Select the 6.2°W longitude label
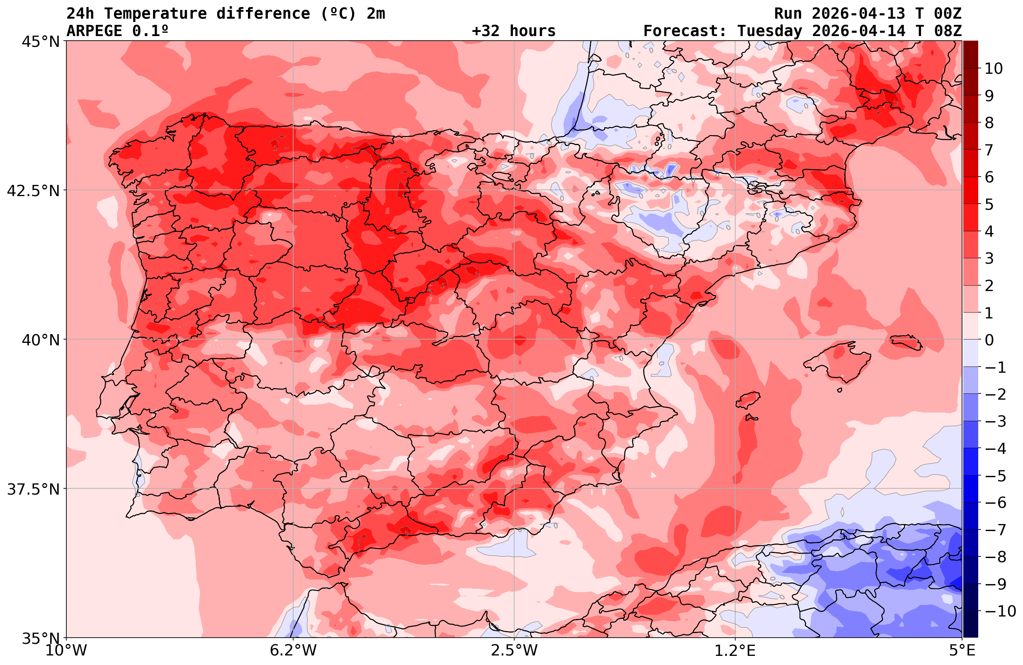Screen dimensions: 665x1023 tap(293, 650)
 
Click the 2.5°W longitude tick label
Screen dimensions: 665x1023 tap(514, 650)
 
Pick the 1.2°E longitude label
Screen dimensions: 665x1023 tap(735, 650)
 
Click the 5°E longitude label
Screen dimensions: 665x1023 tap(962, 650)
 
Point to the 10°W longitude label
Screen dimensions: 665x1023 tap(66, 650)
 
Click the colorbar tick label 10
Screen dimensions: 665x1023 tap(993, 69)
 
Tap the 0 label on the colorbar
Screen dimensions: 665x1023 tap(989, 340)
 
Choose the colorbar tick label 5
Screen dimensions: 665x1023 tap(989, 205)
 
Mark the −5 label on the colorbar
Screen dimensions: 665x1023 tap(995, 476)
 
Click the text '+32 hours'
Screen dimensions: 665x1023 tap(514, 31)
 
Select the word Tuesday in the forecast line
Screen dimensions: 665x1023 tap(769, 31)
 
